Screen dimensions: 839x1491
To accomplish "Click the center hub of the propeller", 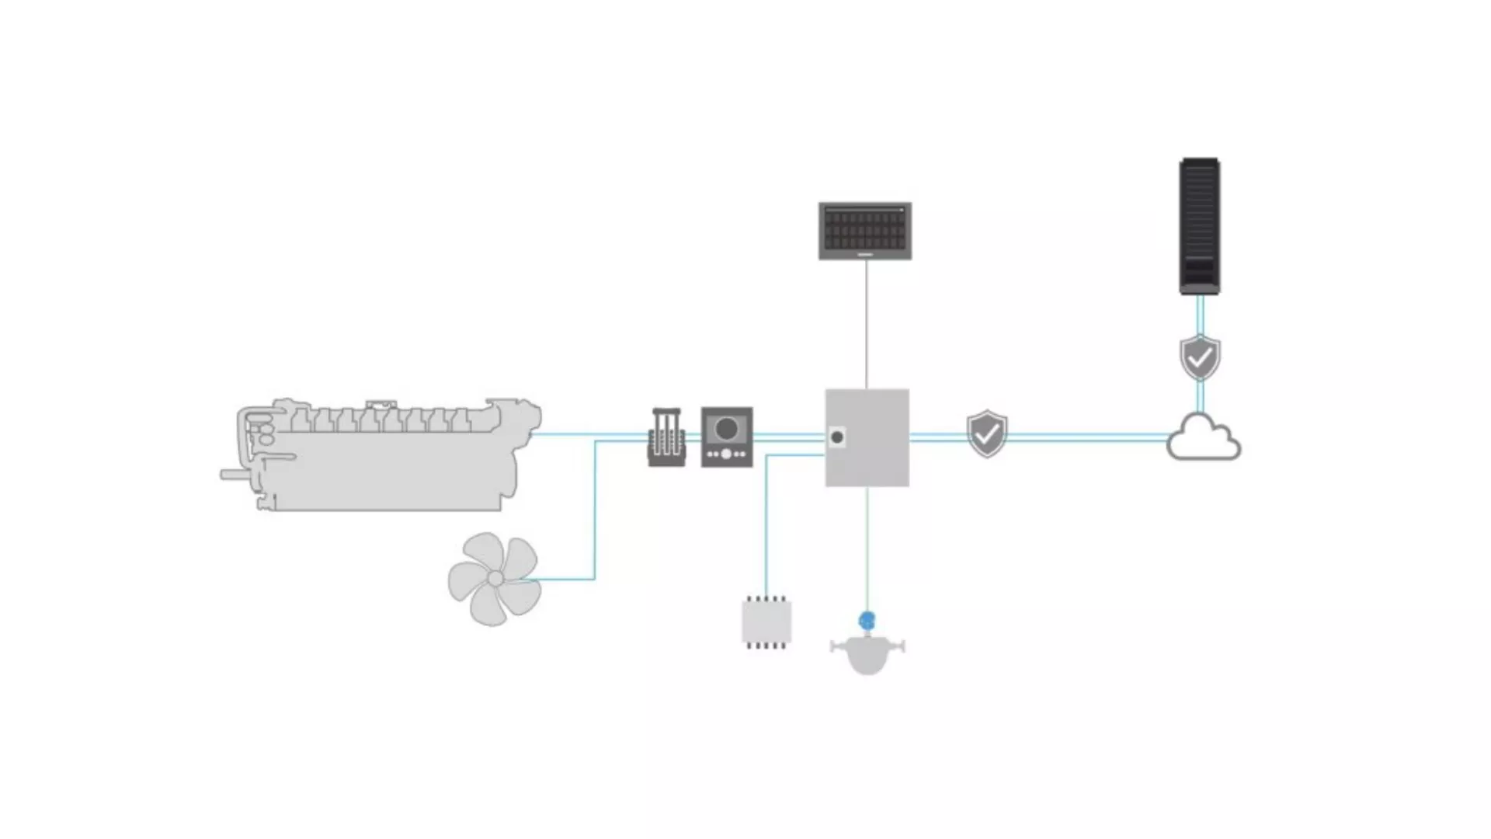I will point(495,579).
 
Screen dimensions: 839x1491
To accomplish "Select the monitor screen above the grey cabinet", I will point(865,231).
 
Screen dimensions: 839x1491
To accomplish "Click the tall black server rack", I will point(1200,226).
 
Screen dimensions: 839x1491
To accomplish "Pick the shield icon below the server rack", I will point(1200,357).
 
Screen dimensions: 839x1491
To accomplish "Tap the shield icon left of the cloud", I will point(987,433).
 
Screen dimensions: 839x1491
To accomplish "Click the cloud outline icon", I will point(1203,439).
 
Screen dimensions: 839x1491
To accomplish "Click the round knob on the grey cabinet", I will point(837,437).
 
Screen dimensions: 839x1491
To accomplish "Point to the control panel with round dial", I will point(727,437).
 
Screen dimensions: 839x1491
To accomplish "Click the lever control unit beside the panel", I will point(666,437).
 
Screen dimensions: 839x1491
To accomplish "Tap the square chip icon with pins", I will point(766,622).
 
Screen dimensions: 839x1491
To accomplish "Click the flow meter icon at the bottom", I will point(867,651).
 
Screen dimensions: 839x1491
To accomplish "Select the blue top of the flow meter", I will point(867,620).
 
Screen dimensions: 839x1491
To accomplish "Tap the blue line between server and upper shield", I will point(1200,315).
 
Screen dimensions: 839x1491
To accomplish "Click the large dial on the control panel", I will point(727,429).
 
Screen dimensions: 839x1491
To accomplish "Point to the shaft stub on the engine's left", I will point(230,475).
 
